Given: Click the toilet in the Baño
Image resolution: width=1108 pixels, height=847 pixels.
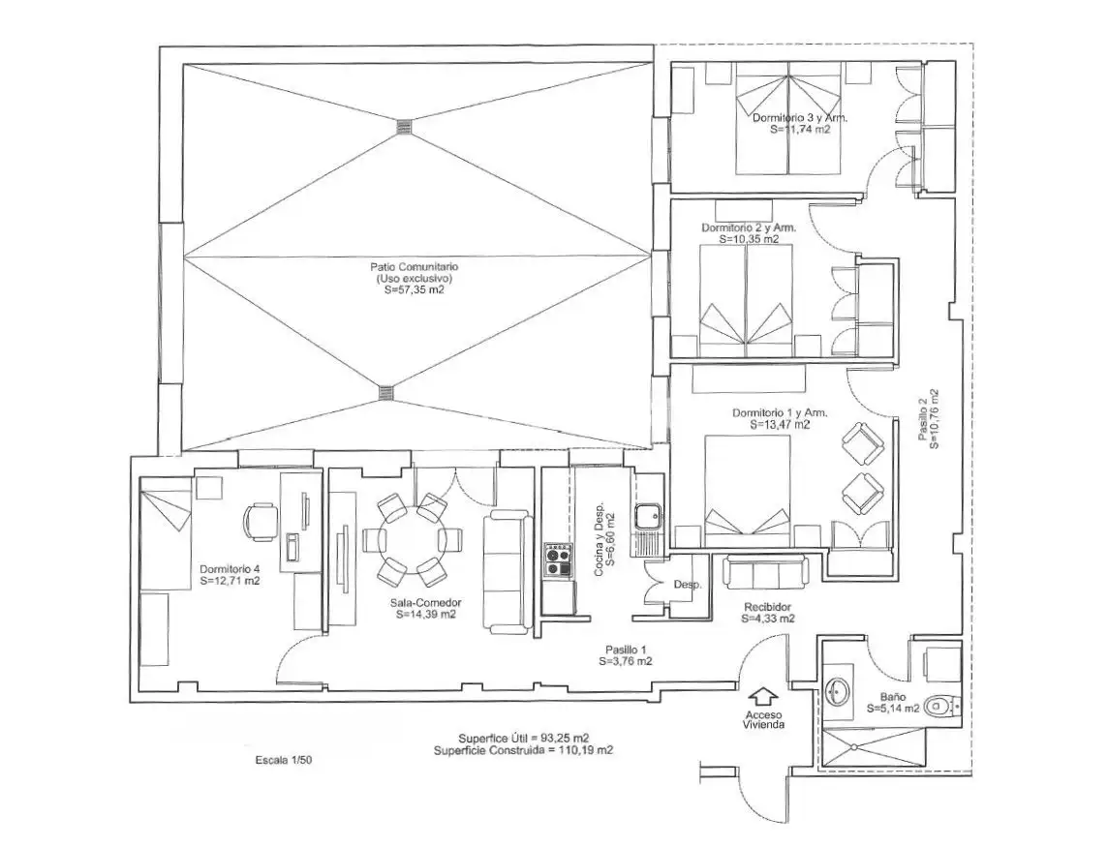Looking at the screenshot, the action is point(943,705).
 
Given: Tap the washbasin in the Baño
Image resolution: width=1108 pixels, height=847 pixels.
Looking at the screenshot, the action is point(838,690).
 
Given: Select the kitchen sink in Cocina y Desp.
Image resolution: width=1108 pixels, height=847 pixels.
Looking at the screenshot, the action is point(647,518).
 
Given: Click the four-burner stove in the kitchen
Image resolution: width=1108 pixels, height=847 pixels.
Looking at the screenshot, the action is point(558,560).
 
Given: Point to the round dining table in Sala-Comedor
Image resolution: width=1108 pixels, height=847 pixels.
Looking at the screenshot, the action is point(412,540).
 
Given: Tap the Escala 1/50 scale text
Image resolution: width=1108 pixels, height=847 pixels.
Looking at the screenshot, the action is point(284,760).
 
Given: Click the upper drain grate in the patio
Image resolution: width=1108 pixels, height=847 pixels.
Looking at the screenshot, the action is point(404,127).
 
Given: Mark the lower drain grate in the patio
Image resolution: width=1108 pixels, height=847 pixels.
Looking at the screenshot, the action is point(385,393).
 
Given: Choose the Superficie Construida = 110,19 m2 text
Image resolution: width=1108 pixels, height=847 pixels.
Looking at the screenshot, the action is point(523,750).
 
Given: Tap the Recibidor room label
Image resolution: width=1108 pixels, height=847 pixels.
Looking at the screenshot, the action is point(767,607).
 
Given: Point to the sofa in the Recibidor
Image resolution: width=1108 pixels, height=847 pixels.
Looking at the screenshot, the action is point(766,571).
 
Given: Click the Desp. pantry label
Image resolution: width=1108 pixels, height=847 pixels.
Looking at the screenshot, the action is point(687,585).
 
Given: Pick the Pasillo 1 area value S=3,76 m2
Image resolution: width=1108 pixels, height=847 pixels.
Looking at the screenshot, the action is point(625,662).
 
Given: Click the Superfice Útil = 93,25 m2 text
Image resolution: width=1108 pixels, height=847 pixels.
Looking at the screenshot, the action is point(524,739).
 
